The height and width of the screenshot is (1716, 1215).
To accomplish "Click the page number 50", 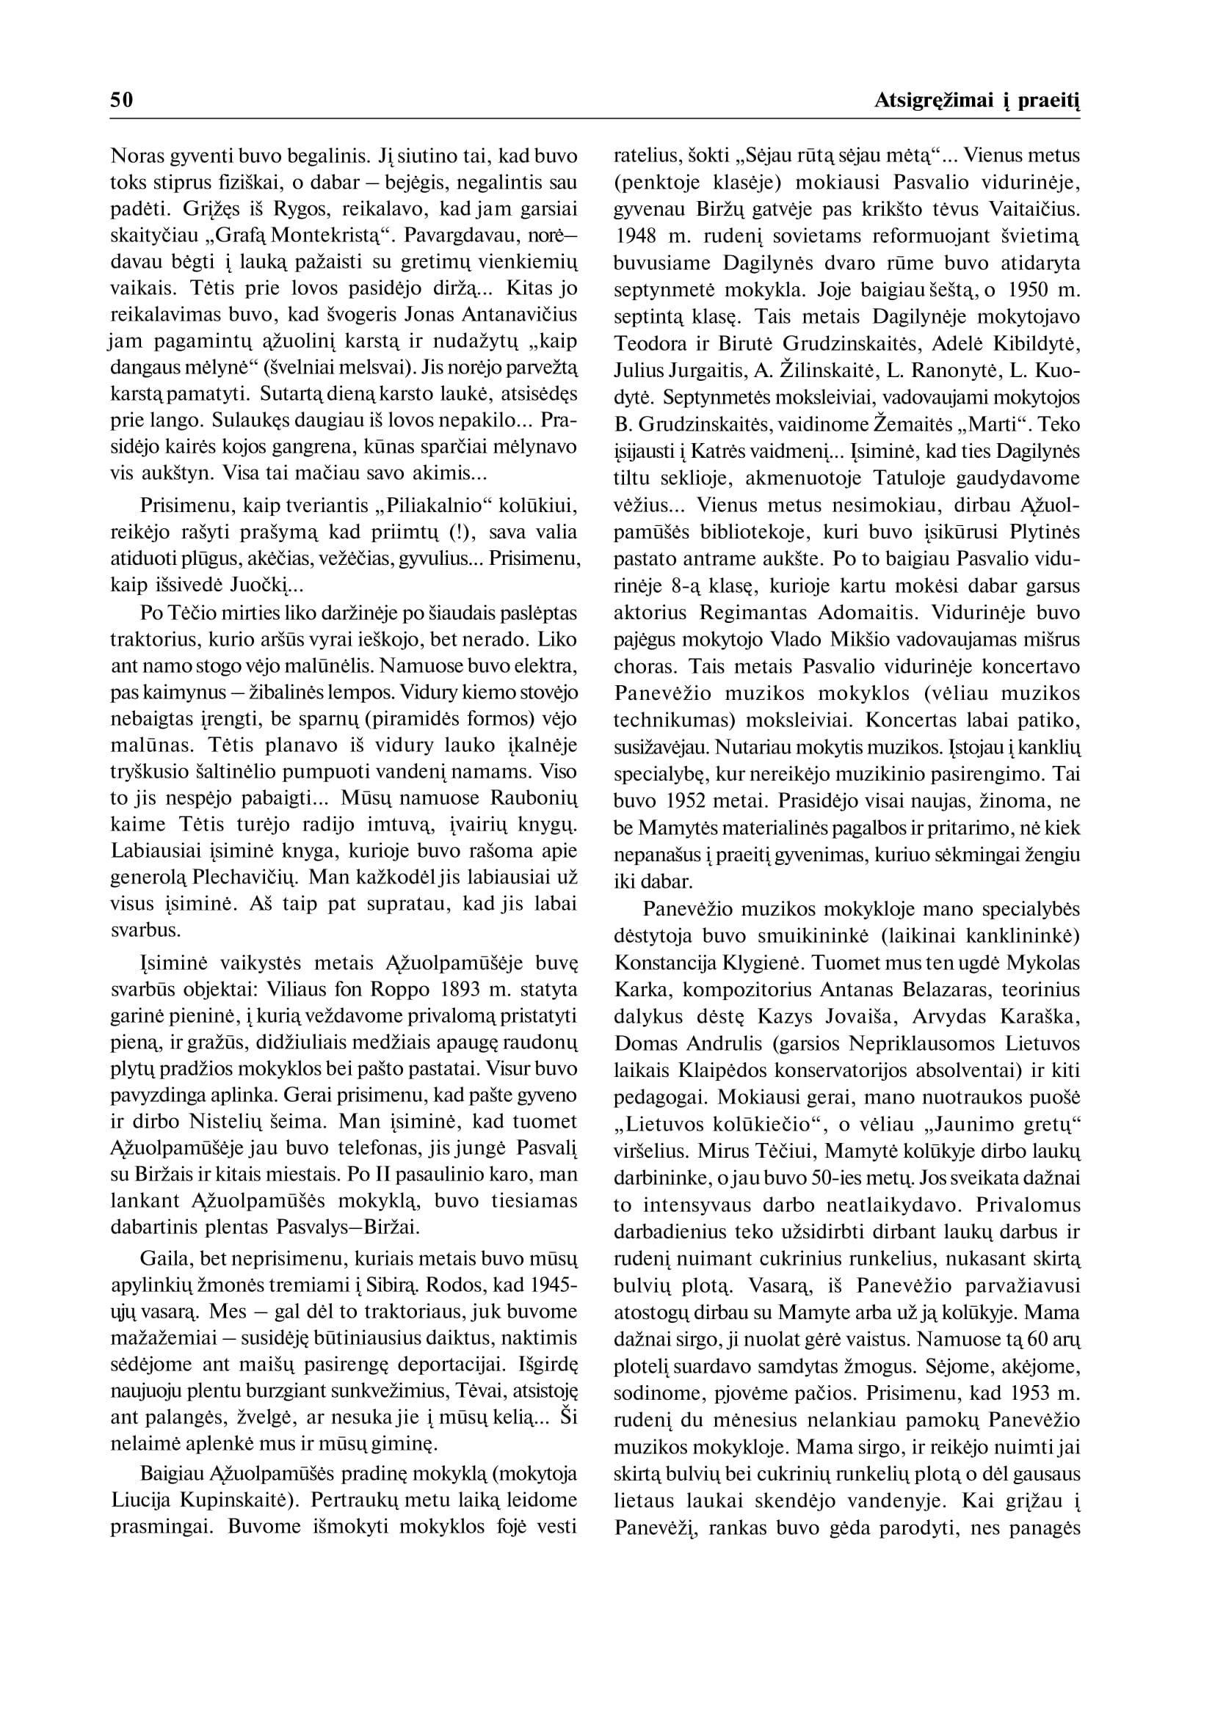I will pyautogui.click(x=121, y=101).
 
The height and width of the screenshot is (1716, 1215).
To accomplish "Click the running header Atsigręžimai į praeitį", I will pyautogui.click(x=977, y=101).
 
